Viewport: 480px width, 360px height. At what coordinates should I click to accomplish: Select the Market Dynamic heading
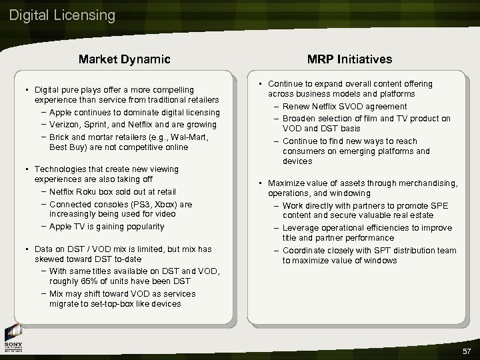click(x=124, y=59)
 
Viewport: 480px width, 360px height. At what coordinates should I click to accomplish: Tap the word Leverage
click(x=301, y=228)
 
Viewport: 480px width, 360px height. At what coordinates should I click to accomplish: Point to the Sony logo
click(x=14, y=339)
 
